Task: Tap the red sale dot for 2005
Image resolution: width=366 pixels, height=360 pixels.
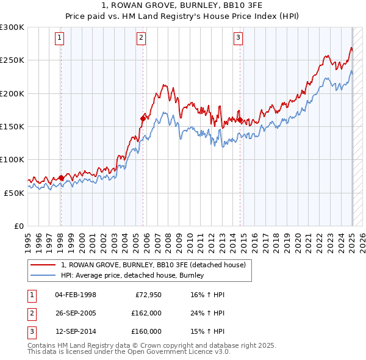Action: click(x=143, y=118)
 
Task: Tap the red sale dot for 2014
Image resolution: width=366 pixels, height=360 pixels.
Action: click(x=240, y=120)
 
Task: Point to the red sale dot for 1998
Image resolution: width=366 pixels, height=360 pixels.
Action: click(x=61, y=178)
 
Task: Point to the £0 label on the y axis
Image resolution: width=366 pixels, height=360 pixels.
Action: click(x=18, y=226)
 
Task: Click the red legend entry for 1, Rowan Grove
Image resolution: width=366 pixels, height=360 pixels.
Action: click(x=153, y=265)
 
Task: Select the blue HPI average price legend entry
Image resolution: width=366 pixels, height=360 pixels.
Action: click(x=132, y=276)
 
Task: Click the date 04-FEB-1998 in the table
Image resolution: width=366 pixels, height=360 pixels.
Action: click(x=76, y=295)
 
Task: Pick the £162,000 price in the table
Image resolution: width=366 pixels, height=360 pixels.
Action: click(x=146, y=314)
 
